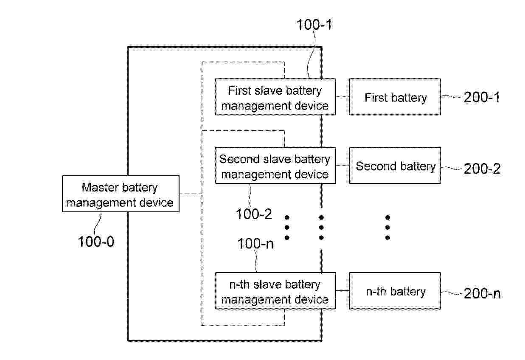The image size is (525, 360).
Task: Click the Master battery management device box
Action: [x=121, y=194]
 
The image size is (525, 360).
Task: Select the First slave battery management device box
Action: [x=275, y=97]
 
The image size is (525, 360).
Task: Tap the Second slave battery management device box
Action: [x=275, y=165]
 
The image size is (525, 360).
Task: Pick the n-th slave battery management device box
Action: [x=275, y=291]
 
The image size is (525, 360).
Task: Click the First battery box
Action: [x=395, y=97]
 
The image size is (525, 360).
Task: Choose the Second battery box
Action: [x=395, y=165]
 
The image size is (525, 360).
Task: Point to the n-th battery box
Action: [x=395, y=291]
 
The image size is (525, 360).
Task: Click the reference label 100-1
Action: [x=314, y=25]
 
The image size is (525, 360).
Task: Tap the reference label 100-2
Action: [x=254, y=214]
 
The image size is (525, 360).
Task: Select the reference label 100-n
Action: [x=255, y=243]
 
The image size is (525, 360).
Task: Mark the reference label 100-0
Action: [x=96, y=242]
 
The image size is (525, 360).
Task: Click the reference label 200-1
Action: [x=482, y=97]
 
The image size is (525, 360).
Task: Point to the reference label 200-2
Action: [x=482, y=169]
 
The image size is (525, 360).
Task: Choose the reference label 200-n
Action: [x=482, y=293]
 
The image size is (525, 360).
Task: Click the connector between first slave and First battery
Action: [x=343, y=97]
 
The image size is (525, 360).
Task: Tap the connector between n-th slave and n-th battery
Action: [x=343, y=291]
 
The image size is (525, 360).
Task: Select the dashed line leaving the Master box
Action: [x=191, y=194]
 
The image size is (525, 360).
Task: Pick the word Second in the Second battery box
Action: [x=376, y=166]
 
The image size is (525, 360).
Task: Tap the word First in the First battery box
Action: [x=376, y=97]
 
